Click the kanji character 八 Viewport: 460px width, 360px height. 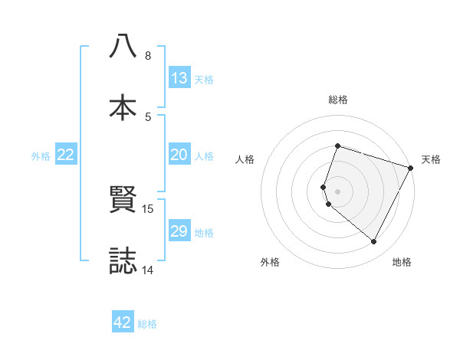tap(123, 47)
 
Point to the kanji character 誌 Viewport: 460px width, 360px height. tap(123, 260)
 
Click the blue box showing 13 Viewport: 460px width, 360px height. tap(179, 78)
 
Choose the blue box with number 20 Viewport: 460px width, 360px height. tap(179, 155)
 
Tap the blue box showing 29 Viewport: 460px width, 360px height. tap(179, 231)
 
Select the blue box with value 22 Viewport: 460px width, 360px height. tap(66, 155)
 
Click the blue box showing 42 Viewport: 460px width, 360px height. tap(123, 322)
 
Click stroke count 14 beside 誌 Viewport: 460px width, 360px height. tap(148, 270)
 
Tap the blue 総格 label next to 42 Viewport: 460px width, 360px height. tap(147, 324)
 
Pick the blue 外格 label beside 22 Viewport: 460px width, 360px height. tap(41, 156)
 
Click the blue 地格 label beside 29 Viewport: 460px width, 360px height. tap(204, 233)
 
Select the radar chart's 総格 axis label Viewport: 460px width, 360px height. tap(338, 100)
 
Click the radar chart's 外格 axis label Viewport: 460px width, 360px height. tap(270, 263)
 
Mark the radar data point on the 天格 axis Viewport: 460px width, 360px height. tap(411, 168)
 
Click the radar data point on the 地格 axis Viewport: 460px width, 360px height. tap(374, 242)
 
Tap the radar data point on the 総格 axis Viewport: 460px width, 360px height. tap(337, 146)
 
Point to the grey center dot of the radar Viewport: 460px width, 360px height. tap(337, 191)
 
